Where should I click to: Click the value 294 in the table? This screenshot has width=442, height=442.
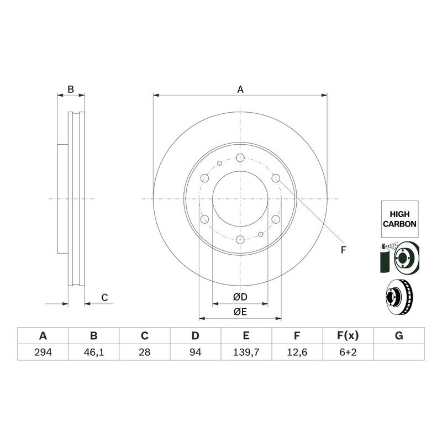[43, 352]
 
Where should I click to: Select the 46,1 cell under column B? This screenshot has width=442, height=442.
[93, 352]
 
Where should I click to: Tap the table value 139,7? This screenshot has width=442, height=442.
[246, 352]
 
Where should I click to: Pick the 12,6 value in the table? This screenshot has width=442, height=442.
[297, 352]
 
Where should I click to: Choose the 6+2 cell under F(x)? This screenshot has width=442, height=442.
[348, 352]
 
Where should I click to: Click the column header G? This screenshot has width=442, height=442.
[399, 336]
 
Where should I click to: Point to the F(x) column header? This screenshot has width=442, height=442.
[348, 336]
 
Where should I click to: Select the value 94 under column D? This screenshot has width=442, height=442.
[196, 352]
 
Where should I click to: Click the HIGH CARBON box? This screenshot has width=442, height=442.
[399, 219]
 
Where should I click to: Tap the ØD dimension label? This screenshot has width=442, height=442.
[240, 297]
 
